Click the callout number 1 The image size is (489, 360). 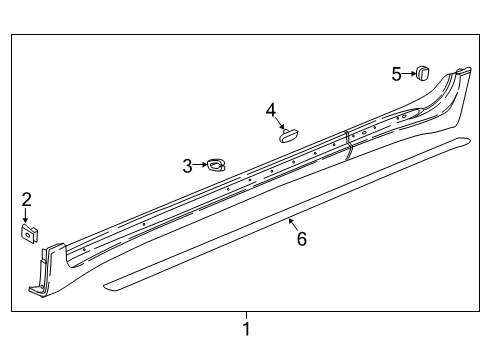pos(246,328)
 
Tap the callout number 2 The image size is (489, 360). pos(27,198)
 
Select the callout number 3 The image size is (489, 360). pos(186,166)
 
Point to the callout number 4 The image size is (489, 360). pos(271,109)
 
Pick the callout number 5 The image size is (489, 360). pos(397,73)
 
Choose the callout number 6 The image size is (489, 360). pos(301,238)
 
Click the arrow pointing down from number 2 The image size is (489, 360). pos(27,214)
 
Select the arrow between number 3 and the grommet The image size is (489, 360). pos(199,165)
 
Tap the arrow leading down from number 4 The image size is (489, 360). pos(279,122)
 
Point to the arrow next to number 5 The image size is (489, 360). pos(409,73)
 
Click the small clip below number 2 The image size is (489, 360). pos(28,234)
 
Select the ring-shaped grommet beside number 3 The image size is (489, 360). pos(215,165)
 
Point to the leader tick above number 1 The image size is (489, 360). pos(246,314)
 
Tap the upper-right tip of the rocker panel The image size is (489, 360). pos(463,71)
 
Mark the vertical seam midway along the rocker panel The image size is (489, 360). pos(348,144)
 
